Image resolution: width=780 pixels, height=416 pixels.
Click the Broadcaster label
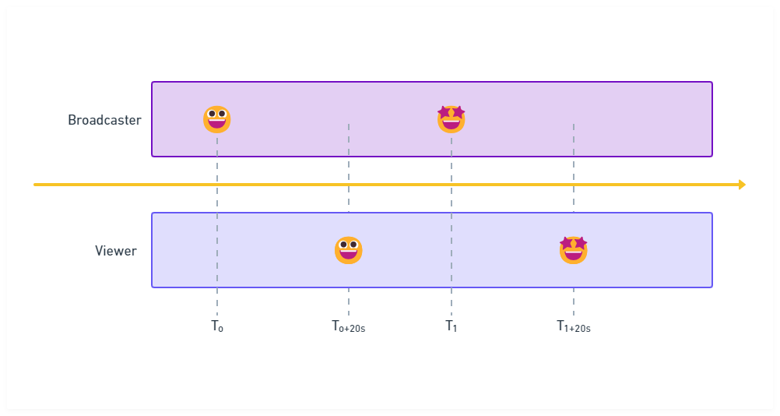point(104,120)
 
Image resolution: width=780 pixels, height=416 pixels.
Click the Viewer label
point(116,251)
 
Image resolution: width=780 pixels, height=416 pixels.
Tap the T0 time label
point(217,326)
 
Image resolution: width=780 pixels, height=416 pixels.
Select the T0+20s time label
point(348,326)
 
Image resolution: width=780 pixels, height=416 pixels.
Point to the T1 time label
point(451,326)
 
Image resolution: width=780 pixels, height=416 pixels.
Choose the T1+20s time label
point(573,326)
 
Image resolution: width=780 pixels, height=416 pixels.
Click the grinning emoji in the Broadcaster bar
point(217,120)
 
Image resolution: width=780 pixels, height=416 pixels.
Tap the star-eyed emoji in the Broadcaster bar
point(451,119)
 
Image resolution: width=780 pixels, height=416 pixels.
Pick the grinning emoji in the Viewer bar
point(349,250)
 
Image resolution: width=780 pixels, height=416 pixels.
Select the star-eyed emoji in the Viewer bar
point(574,250)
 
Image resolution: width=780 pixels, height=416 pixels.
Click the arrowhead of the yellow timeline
point(742,185)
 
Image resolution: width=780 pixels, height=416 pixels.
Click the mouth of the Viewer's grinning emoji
point(349,256)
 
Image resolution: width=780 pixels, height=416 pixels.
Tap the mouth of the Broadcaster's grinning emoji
point(217,125)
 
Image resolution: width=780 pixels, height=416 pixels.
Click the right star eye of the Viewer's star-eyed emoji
point(580,244)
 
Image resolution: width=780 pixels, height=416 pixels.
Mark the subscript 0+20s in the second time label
point(353,330)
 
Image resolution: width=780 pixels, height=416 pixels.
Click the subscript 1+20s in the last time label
point(578,330)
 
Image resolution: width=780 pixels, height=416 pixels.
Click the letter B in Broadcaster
point(72,120)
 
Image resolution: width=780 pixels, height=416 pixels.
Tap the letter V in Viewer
point(99,251)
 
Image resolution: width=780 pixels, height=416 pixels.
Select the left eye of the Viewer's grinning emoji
point(343,245)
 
